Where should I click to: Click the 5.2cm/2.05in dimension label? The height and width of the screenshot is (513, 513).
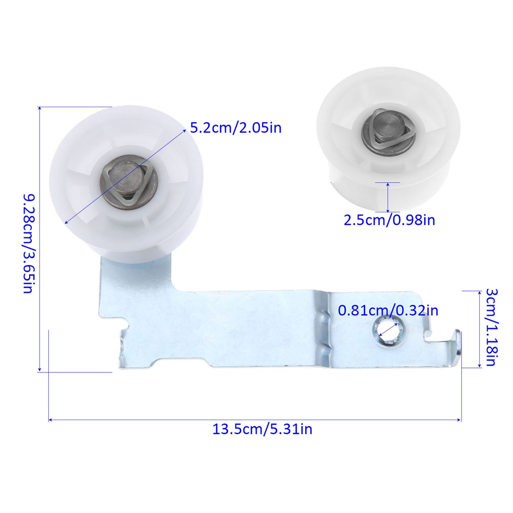click(235, 128)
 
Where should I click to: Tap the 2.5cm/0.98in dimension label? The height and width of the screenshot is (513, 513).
click(389, 220)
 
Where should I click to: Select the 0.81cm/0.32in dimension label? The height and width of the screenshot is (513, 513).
click(388, 310)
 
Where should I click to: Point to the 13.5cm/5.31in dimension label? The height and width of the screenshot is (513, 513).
click(262, 429)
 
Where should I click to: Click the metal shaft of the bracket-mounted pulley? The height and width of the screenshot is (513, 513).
click(126, 179)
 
